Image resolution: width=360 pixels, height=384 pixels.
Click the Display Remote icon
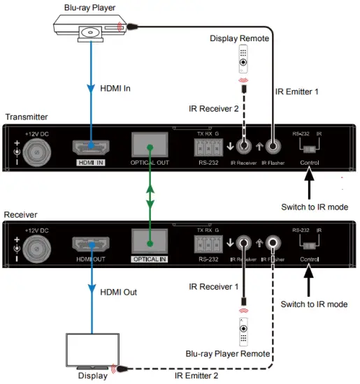[243, 60]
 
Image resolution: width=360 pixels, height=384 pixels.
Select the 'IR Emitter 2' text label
[196, 376]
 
